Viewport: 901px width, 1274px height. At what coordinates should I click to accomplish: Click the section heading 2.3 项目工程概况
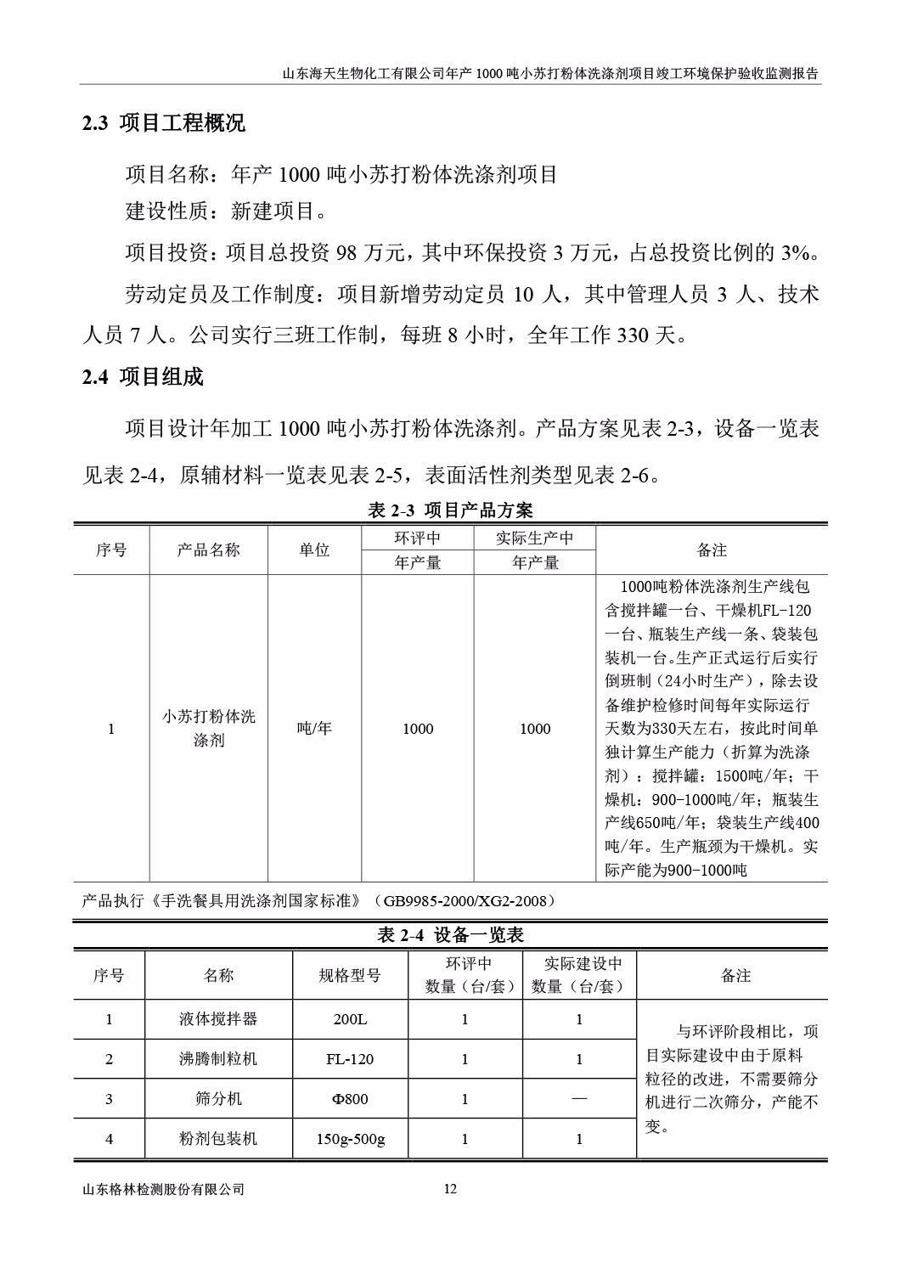point(163,123)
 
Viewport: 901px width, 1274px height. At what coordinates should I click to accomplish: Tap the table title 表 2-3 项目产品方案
point(450,510)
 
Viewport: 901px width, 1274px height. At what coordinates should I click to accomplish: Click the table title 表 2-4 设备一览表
point(450,935)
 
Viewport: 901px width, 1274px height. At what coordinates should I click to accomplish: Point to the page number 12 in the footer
point(450,1189)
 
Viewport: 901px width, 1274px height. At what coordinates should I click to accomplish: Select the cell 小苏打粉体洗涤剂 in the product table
point(209,728)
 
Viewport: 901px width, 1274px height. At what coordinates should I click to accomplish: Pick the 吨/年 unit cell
point(314,728)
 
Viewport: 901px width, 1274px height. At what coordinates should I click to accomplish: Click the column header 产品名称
point(209,550)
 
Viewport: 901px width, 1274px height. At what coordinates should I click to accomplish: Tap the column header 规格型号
point(350,976)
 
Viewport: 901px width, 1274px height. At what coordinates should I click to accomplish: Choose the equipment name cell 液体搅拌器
point(218,1019)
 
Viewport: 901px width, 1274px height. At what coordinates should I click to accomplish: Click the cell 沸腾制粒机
point(218,1059)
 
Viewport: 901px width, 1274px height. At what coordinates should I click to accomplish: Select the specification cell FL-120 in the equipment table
point(350,1059)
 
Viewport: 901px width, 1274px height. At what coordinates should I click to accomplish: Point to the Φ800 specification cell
point(350,1099)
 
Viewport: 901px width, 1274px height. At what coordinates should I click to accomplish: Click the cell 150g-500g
point(350,1139)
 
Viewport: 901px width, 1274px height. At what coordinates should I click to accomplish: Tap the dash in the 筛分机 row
point(579,1099)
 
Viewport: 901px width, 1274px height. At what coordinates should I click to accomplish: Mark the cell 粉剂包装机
point(218,1139)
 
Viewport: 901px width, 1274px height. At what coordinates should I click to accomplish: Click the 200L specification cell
point(350,1019)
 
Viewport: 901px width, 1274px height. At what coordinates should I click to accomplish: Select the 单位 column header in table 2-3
point(314,550)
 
